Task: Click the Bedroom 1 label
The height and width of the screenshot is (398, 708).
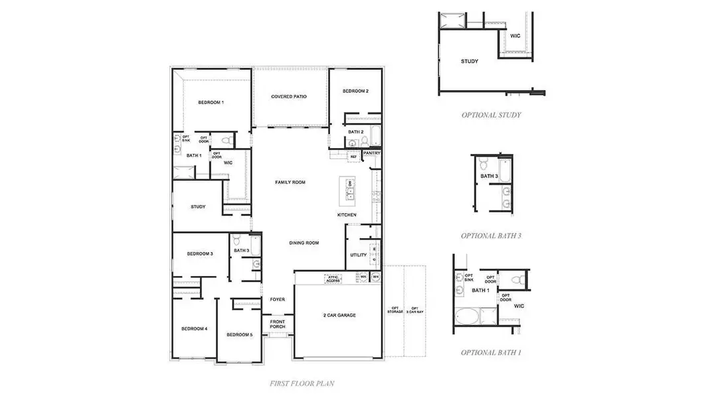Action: pos(211,103)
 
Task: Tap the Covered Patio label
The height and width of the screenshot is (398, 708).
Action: pos(289,97)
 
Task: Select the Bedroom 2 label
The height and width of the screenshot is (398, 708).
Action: pos(355,91)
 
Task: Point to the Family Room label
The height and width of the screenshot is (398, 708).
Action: pos(290,182)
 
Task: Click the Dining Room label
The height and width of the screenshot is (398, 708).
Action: pos(304,243)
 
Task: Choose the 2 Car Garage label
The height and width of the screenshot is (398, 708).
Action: pos(339,315)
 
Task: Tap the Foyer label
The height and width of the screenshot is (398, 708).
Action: pos(277,300)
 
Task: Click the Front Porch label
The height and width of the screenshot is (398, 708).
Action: pos(277,324)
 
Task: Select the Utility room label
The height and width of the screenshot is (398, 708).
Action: pos(358,255)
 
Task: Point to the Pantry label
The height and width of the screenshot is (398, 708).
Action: pos(371,153)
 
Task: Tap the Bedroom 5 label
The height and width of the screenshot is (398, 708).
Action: pos(239,335)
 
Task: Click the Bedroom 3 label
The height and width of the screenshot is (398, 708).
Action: pos(199,254)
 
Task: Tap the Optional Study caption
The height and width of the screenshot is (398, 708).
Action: pos(491,115)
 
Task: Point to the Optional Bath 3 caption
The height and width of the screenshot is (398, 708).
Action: pos(491,235)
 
